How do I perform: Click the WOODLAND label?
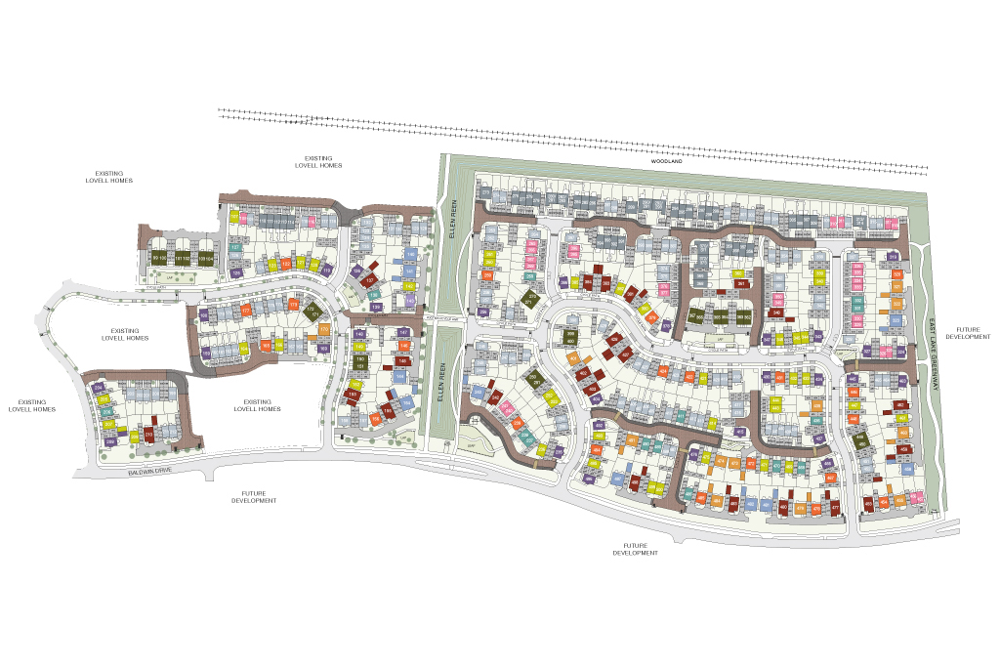click(669, 175)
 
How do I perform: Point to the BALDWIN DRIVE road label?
click(155, 473)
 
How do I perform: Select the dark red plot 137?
click(370, 279)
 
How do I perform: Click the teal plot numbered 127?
click(235, 248)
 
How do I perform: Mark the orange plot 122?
click(285, 264)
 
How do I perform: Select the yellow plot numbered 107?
click(234, 217)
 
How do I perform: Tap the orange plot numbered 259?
click(486, 276)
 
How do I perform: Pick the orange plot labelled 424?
click(663, 372)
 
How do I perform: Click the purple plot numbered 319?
click(893, 258)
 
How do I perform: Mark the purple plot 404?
click(594, 398)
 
